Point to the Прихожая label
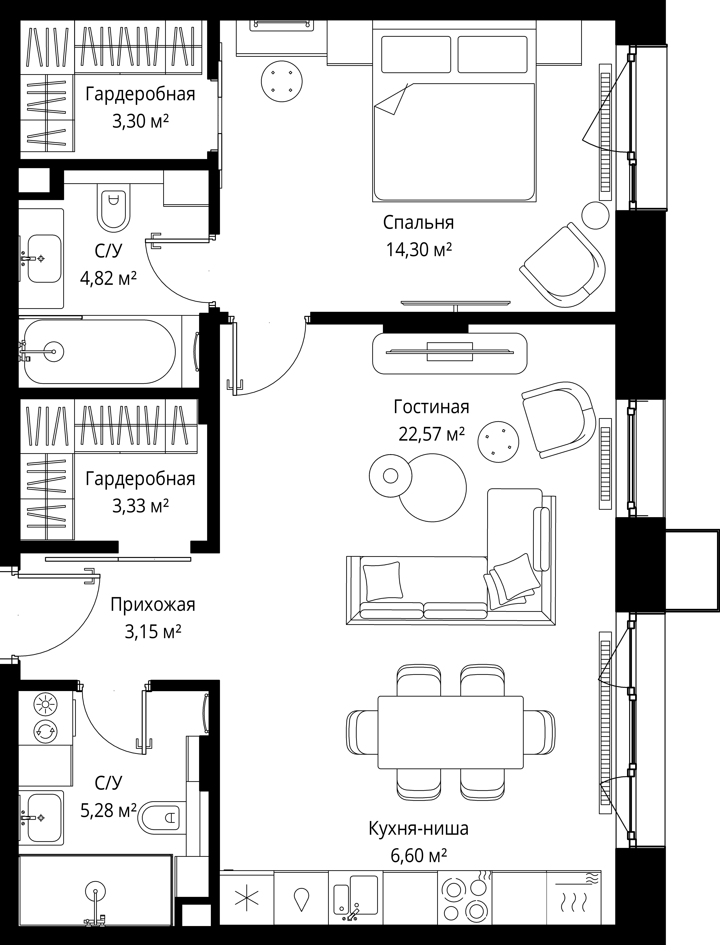coord(153,605)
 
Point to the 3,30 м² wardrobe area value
coord(141,122)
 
